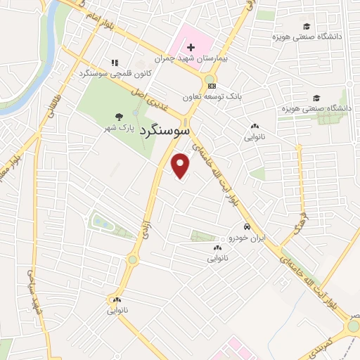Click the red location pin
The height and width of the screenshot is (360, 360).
click(x=181, y=165)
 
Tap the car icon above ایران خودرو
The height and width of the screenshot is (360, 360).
click(x=247, y=227)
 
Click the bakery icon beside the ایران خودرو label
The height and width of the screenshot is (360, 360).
click(x=218, y=248)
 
